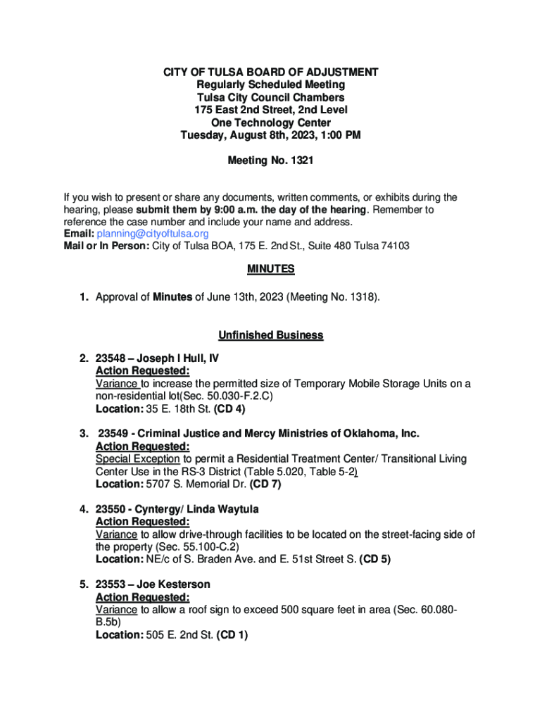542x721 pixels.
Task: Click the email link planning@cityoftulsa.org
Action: pyautogui.click(x=153, y=234)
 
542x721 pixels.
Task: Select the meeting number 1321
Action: pyautogui.click(x=300, y=161)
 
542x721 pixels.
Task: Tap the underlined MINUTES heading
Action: pyautogui.click(x=270, y=269)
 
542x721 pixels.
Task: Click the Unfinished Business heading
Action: pyautogui.click(x=270, y=335)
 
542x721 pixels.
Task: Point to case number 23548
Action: pyautogui.click(x=111, y=358)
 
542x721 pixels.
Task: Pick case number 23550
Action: pyautogui.click(x=111, y=509)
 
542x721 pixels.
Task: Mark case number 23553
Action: pyautogui.click(x=111, y=584)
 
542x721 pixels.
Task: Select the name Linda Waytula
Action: pyautogui.click(x=220, y=509)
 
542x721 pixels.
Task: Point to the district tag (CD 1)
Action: pyautogui.click(x=232, y=635)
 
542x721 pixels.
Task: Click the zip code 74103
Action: pyautogui.click(x=394, y=246)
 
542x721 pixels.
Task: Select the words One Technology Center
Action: pyautogui.click(x=271, y=123)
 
